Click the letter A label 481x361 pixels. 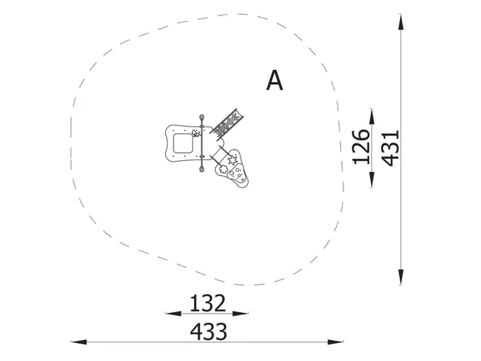tap(275, 80)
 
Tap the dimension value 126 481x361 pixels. tap(361, 147)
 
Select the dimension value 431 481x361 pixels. tap(389, 147)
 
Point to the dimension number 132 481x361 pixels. tap(207, 303)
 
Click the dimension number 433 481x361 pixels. tap(207, 331)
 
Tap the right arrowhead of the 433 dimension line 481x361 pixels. tap(338, 342)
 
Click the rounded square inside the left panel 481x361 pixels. tap(182, 142)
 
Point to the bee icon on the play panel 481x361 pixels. tap(195, 133)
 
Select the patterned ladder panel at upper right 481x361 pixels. tap(228, 123)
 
